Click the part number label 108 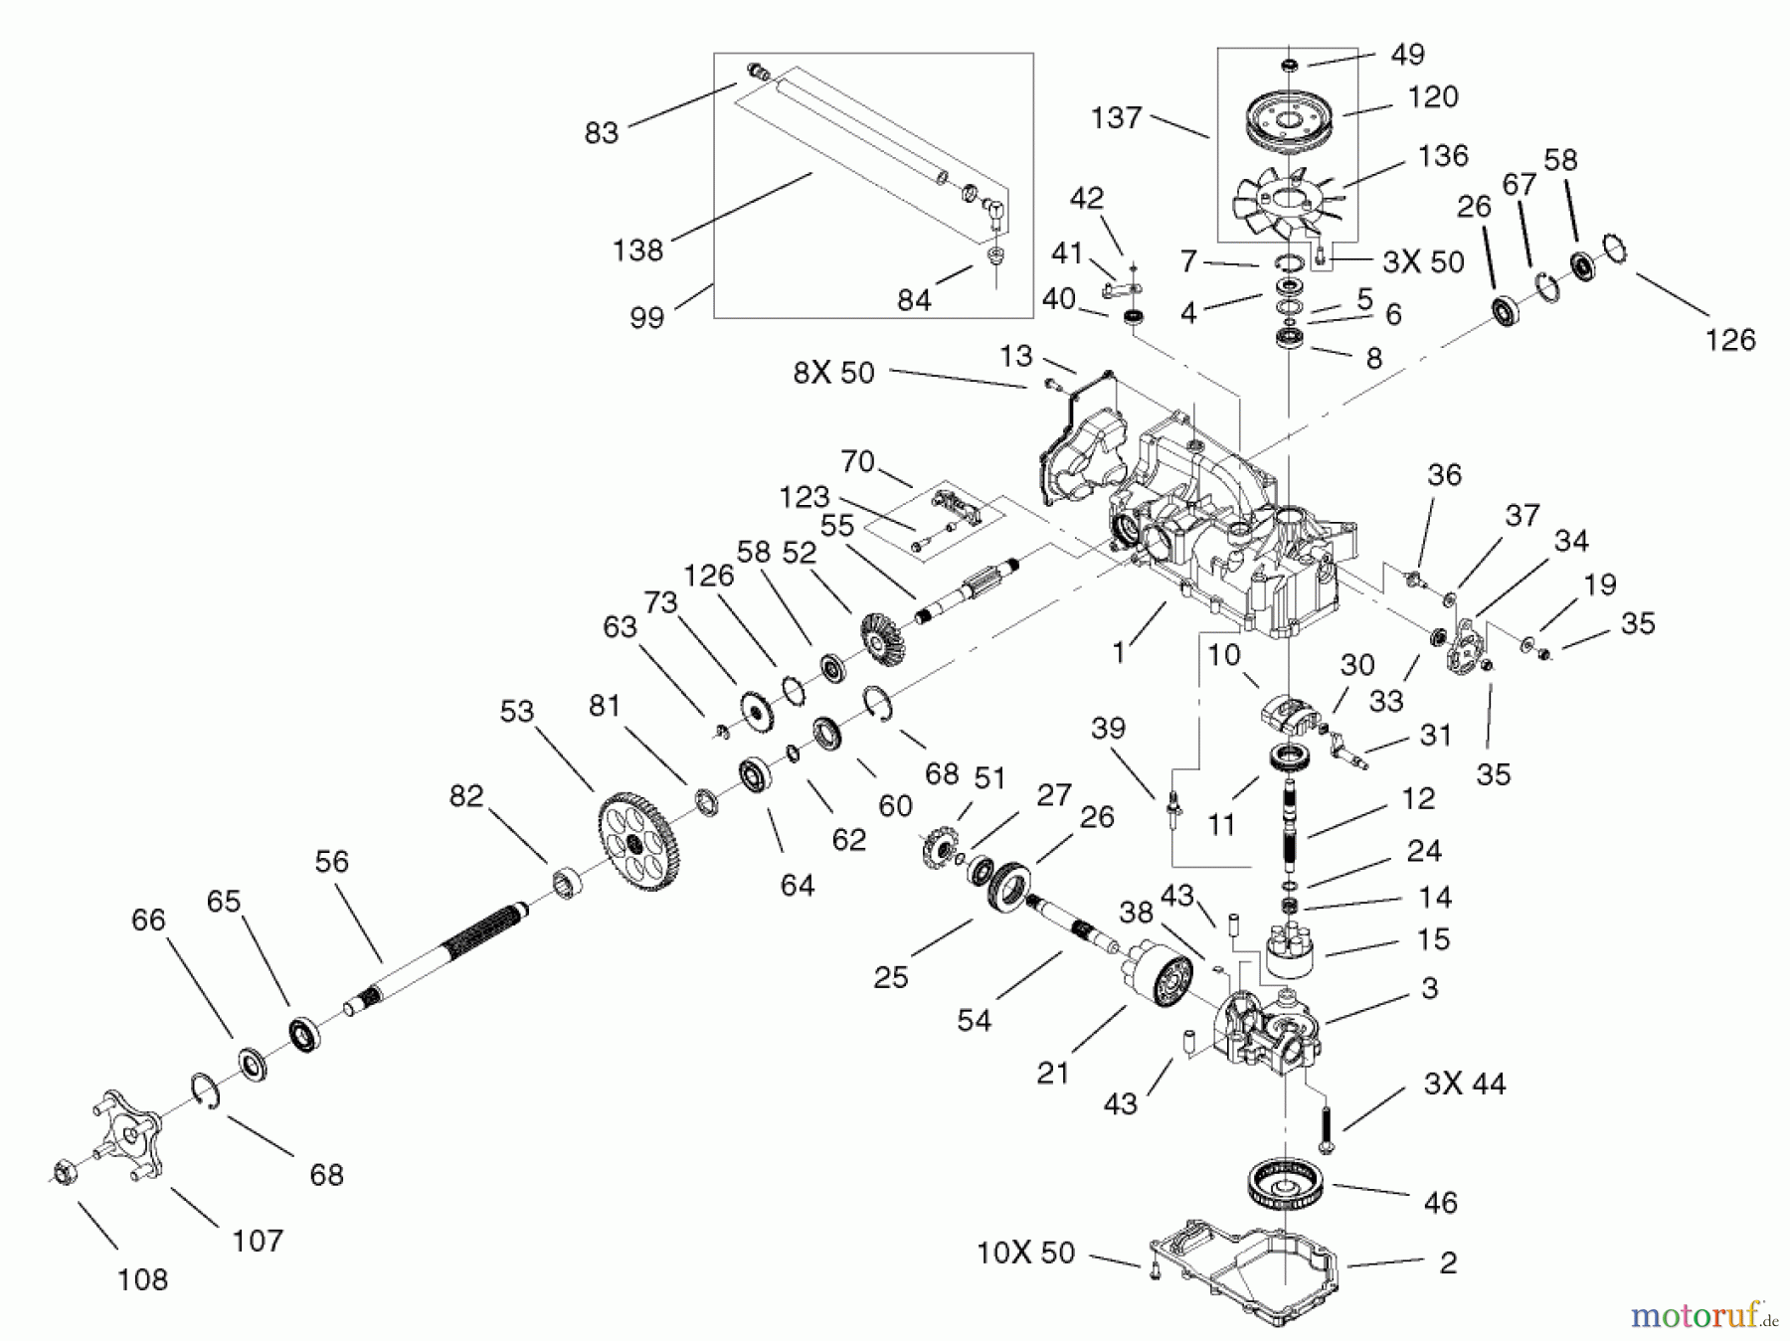click(142, 1279)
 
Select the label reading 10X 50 click(1025, 1253)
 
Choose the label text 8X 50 click(833, 373)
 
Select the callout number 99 click(646, 318)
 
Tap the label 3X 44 click(1464, 1083)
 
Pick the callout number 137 click(1116, 117)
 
